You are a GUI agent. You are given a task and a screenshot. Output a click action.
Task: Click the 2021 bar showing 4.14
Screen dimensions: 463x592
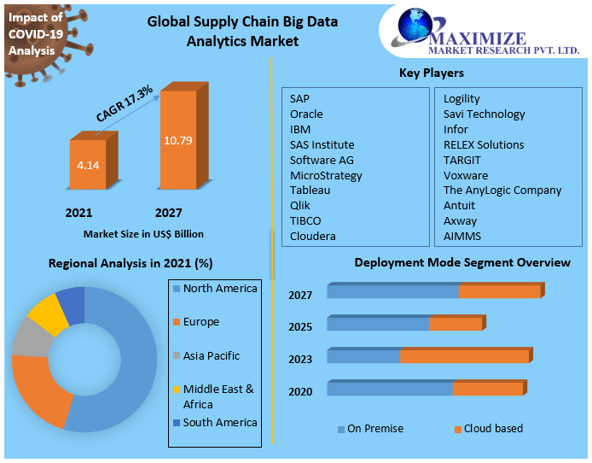pyautogui.click(x=89, y=163)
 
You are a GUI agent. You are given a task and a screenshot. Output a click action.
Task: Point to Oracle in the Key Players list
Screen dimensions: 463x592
pyautogui.click(x=306, y=114)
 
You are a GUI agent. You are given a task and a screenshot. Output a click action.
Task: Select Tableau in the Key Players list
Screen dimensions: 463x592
pyautogui.click(x=310, y=190)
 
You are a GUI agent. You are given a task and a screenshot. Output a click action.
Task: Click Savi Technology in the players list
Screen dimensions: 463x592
pyautogui.click(x=484, y=114)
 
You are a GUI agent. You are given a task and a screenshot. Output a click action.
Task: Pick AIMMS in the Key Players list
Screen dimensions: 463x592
pyautogui.click(x=461, y=236)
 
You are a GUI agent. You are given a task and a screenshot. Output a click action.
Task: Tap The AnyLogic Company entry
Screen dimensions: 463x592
pyautogui.click(x=502, y=190)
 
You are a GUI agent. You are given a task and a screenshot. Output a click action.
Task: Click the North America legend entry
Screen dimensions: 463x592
pyautogui.click(x=219, y=289)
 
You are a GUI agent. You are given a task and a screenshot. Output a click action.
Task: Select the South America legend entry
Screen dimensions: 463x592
pyautogui.click(x=219, y=422)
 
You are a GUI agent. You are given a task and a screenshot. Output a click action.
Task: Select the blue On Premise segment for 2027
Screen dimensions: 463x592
pyautogui.click(x=392, y=292)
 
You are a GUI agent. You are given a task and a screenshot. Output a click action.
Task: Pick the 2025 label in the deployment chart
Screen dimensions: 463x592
pyautogui.click(x=300, y=326)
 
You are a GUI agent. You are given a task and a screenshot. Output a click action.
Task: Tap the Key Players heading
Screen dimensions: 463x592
pyautogui.click(x=432, y=73)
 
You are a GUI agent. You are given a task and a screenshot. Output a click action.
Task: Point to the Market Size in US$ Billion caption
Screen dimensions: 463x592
pyautogui.click(x=143, y=233)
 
